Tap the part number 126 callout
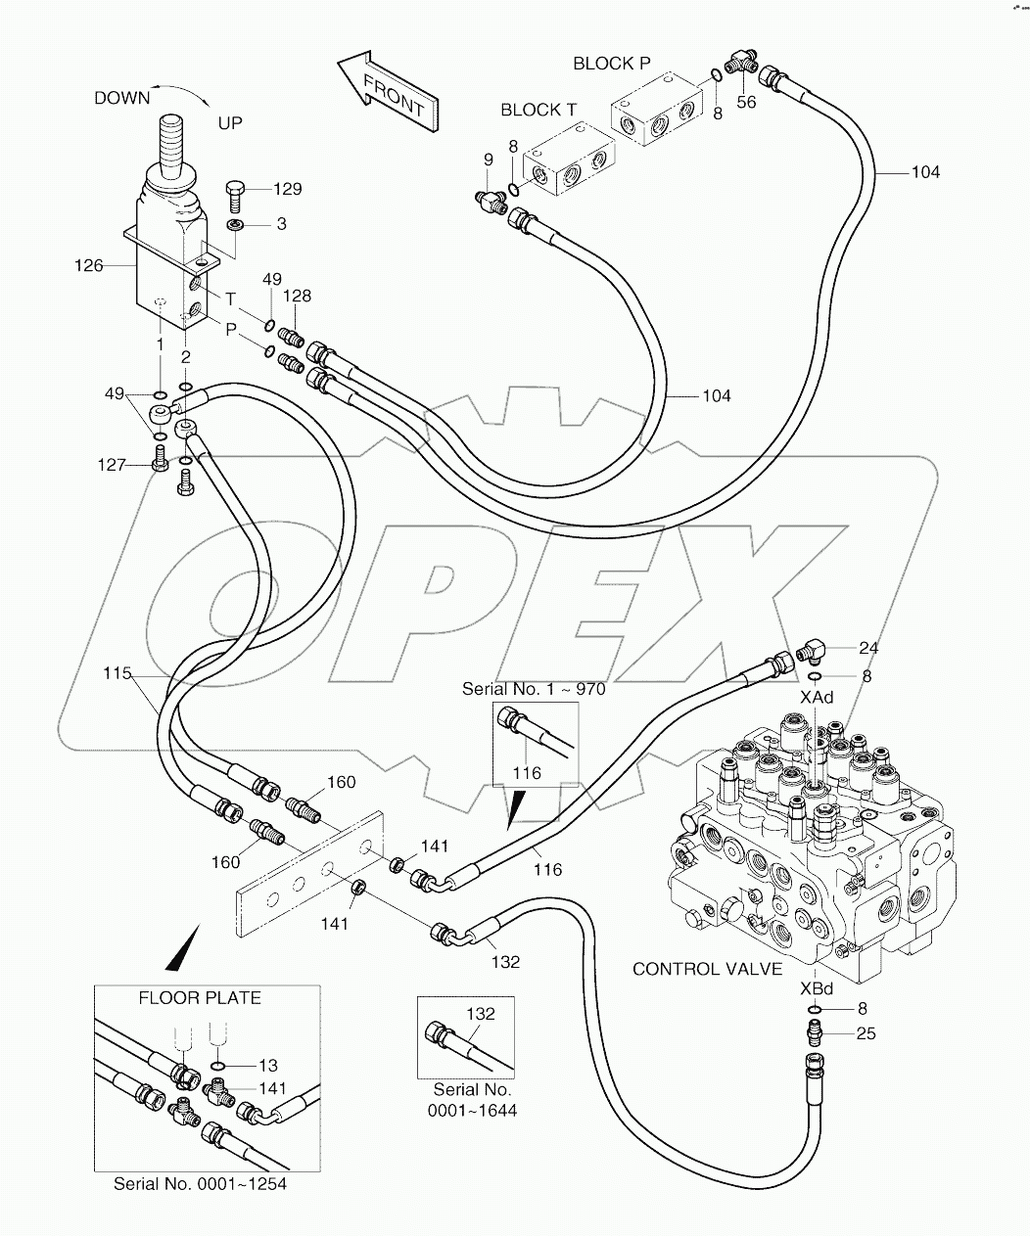88,265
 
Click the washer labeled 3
236,226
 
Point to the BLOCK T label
538,110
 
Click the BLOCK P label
611,64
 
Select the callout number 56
746,102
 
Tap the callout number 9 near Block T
488,160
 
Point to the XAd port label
816,697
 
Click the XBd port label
816,987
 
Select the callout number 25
866,1033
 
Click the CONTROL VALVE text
707,969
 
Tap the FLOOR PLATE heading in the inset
200,998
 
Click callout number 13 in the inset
267,1066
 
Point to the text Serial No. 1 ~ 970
534,689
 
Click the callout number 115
117,674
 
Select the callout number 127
112,465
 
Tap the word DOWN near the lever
121,98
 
